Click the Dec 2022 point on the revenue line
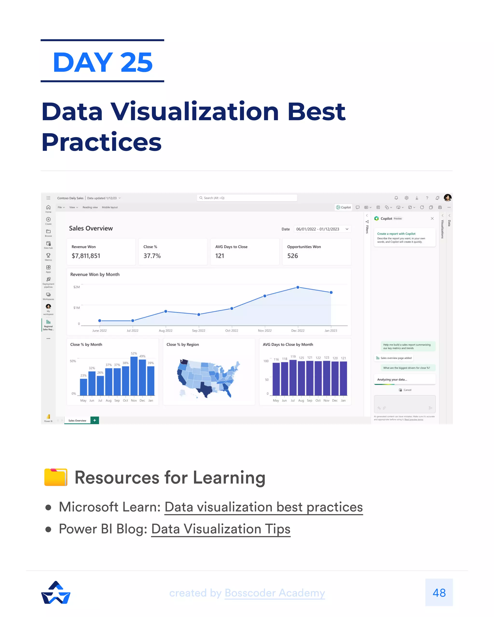(298, 287)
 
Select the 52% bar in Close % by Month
(134, 376)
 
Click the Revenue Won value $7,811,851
(86, 256)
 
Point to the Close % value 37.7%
(152, 256)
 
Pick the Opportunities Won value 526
(292, 256)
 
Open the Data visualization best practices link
(263, 507)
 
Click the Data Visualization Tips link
(220, 529)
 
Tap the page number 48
(439, 593)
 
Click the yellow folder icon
(56, 477)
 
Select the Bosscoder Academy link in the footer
(275, 593)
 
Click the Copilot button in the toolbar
(343, 208)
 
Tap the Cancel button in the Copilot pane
(405, 390)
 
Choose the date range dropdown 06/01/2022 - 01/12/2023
(322, 229)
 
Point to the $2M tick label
(76, 287)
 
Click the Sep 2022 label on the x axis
(199, 330)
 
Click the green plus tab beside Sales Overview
(95, 420)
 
